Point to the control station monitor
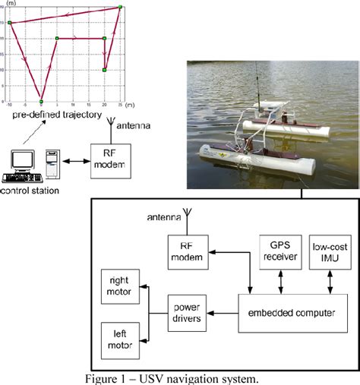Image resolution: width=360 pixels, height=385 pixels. pyautogui.click(x=22, y=160)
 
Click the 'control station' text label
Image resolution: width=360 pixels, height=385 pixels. pyautogui.click(x=31, y=191)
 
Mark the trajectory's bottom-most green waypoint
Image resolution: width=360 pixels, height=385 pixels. pyautogui.click(x=42, y=101)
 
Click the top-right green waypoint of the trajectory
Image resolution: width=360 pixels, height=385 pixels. pyautogui.click(x=120, y=8)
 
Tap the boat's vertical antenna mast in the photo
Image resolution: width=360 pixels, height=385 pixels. pyautogui.click(x=258, y=84)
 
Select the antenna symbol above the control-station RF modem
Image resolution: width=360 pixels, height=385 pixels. pyautogui.click(x=110, y=124)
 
